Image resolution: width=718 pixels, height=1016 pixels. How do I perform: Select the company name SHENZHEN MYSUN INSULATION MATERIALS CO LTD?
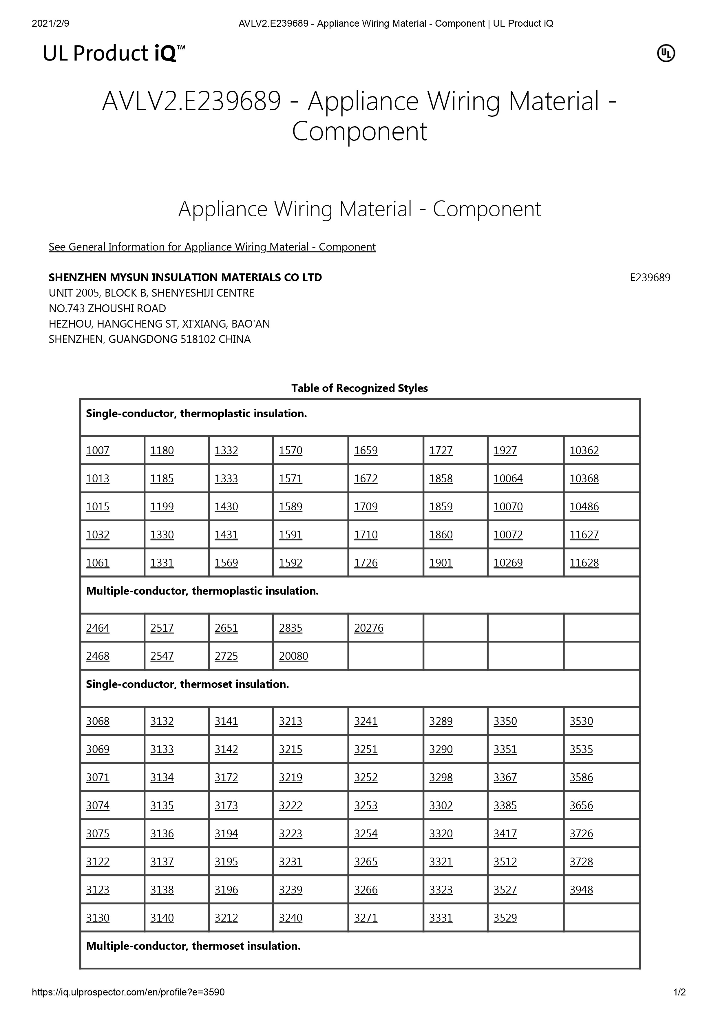(185, 277)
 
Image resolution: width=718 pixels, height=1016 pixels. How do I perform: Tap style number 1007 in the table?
(97, 450)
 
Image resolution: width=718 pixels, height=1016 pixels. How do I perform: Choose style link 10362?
(584, 450)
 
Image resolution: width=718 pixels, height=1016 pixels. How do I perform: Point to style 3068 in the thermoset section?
(97, 721)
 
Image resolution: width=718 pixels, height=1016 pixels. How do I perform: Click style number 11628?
(584, 563)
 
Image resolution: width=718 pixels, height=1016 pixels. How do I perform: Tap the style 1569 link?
(226, 563)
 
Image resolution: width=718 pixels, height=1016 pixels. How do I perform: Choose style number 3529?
(505, 918)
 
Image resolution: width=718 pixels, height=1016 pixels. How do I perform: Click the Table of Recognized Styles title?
(359, 388)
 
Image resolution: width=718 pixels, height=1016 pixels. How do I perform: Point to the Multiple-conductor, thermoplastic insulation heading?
(202, 591)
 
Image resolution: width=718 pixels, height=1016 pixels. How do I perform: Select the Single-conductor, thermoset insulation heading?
(187, 684)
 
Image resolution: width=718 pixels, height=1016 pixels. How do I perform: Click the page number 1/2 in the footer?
(679, 992)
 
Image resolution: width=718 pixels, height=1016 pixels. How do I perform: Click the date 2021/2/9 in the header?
(50, 23)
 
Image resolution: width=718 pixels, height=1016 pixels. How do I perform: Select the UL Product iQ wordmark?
(114, 54)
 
